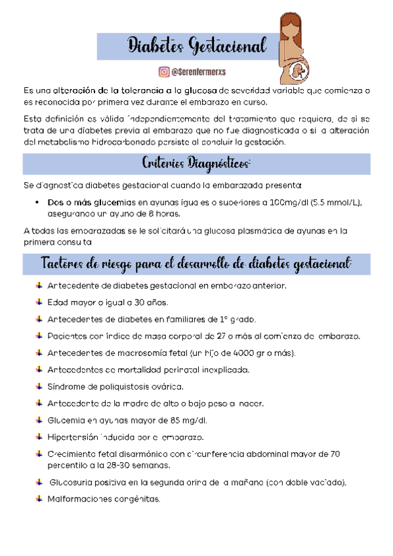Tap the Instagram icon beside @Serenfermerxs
163,71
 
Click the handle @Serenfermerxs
199,71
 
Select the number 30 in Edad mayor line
139,303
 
